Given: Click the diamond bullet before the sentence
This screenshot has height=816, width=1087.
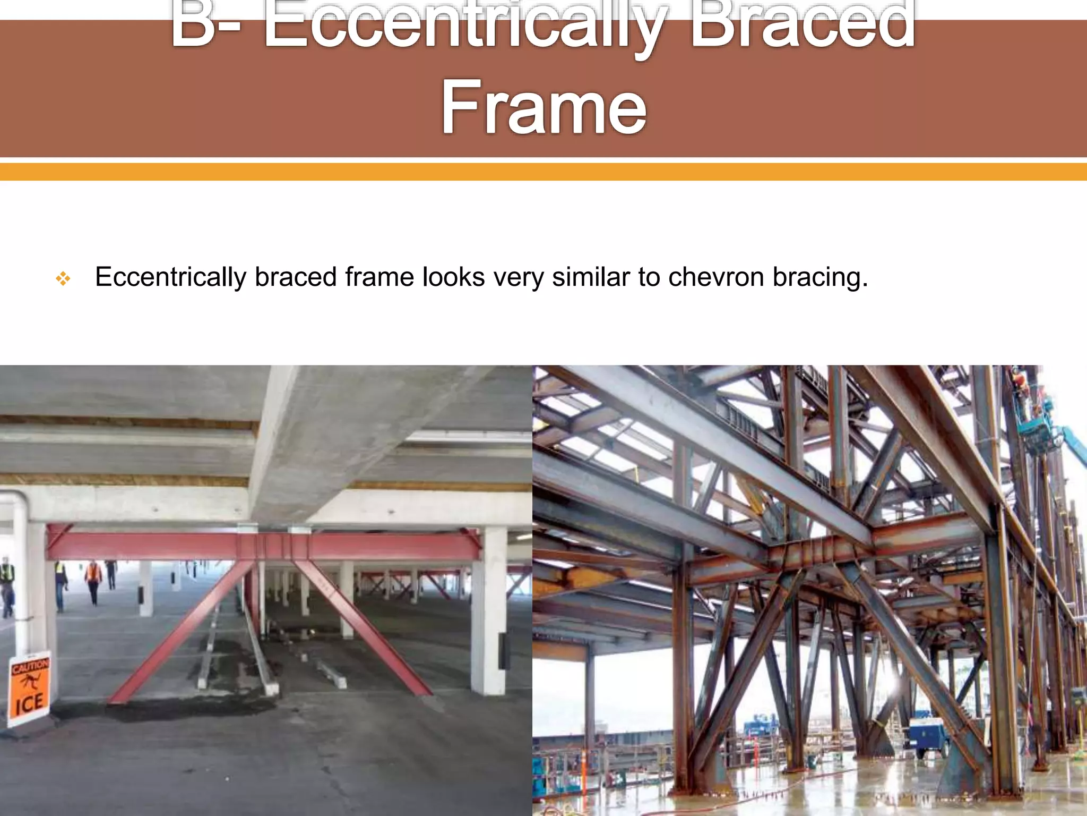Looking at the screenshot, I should tap(63, 278).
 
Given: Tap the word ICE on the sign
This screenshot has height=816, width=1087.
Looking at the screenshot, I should tap(29, 704).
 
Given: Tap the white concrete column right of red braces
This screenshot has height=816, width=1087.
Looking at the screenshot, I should tap(488, 611).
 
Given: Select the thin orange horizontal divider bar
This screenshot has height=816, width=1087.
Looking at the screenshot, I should tap(543, 172).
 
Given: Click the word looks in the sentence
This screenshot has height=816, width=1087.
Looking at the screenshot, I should tap(453, 277).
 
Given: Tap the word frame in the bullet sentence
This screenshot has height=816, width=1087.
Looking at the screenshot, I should tap(378, 277).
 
